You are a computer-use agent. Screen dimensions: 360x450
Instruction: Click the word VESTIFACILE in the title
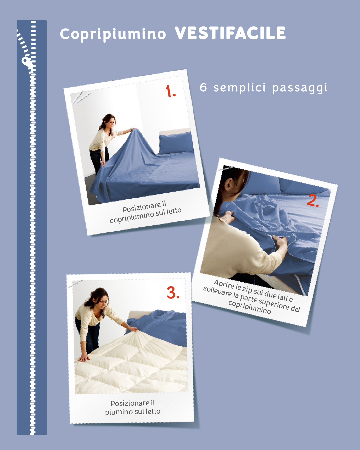230,33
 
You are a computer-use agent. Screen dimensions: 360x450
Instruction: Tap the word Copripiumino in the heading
113,34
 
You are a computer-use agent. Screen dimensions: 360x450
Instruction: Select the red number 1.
171,91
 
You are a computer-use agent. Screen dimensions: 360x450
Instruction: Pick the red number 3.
173,292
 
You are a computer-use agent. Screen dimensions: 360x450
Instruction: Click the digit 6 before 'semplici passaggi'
203,87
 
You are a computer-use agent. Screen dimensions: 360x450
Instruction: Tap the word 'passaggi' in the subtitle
300,88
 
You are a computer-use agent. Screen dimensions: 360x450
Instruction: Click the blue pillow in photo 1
176,143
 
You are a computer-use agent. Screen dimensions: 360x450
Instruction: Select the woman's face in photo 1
112,122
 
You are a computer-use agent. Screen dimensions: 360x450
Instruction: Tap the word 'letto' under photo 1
174,211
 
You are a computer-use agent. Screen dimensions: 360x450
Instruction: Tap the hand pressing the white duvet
84,358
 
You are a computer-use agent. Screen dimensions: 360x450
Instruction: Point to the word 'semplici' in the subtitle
240,88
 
